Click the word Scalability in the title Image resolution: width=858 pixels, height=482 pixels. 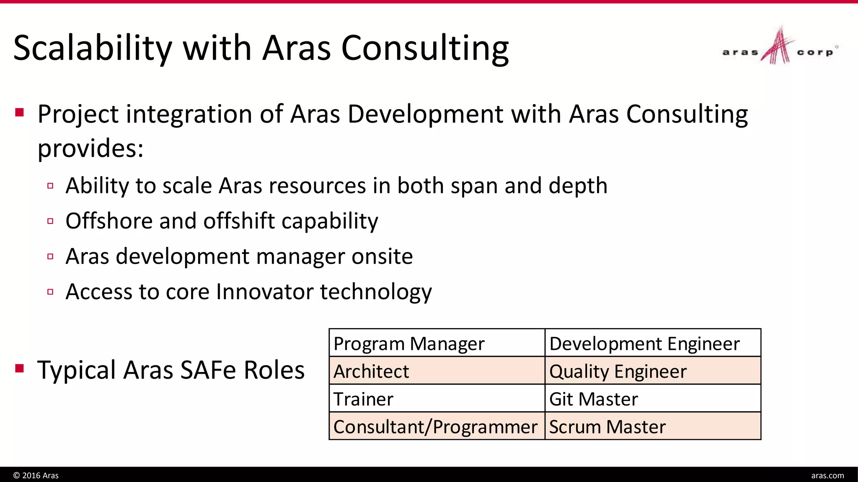coord(93,48)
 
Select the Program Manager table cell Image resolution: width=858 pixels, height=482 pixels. coord(437,343)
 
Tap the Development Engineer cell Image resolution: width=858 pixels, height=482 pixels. coord(652,343)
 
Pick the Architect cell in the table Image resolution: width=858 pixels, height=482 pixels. coord(437,371)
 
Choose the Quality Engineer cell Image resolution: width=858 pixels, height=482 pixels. coord(652,371)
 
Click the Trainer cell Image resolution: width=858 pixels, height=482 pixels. coord(437,398)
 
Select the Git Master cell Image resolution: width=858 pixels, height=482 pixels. coord(652,398)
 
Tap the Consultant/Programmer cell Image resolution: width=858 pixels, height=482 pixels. coord(437,426)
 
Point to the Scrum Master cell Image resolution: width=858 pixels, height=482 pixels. coord(652,426)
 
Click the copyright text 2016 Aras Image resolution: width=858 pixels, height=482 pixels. coord(36,475)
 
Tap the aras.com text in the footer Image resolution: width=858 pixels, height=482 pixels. coord(827,475)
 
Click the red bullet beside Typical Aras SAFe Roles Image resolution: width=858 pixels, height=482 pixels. coord(19,368)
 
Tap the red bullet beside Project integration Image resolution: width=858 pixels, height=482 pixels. coord(19,112)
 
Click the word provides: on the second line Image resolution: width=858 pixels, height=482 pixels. coord(90,149)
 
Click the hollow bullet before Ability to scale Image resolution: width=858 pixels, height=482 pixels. coord(50,186)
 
